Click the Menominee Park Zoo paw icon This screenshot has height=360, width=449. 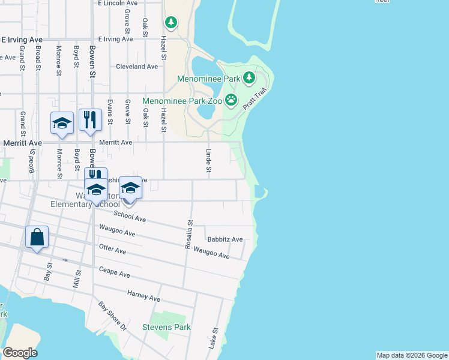click(231, 100)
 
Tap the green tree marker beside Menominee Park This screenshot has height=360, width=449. click(247, 79)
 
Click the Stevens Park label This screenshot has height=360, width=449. click(166, 327)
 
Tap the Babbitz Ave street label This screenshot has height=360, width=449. click(224, 239)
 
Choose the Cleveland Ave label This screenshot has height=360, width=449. click(137, 67)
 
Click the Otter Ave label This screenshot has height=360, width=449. click(112, 250)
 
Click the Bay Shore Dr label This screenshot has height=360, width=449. click(113, 316)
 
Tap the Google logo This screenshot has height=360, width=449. click(20, 353)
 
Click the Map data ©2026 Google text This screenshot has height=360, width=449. click(412, 355)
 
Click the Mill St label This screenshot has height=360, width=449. click(77, 278)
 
